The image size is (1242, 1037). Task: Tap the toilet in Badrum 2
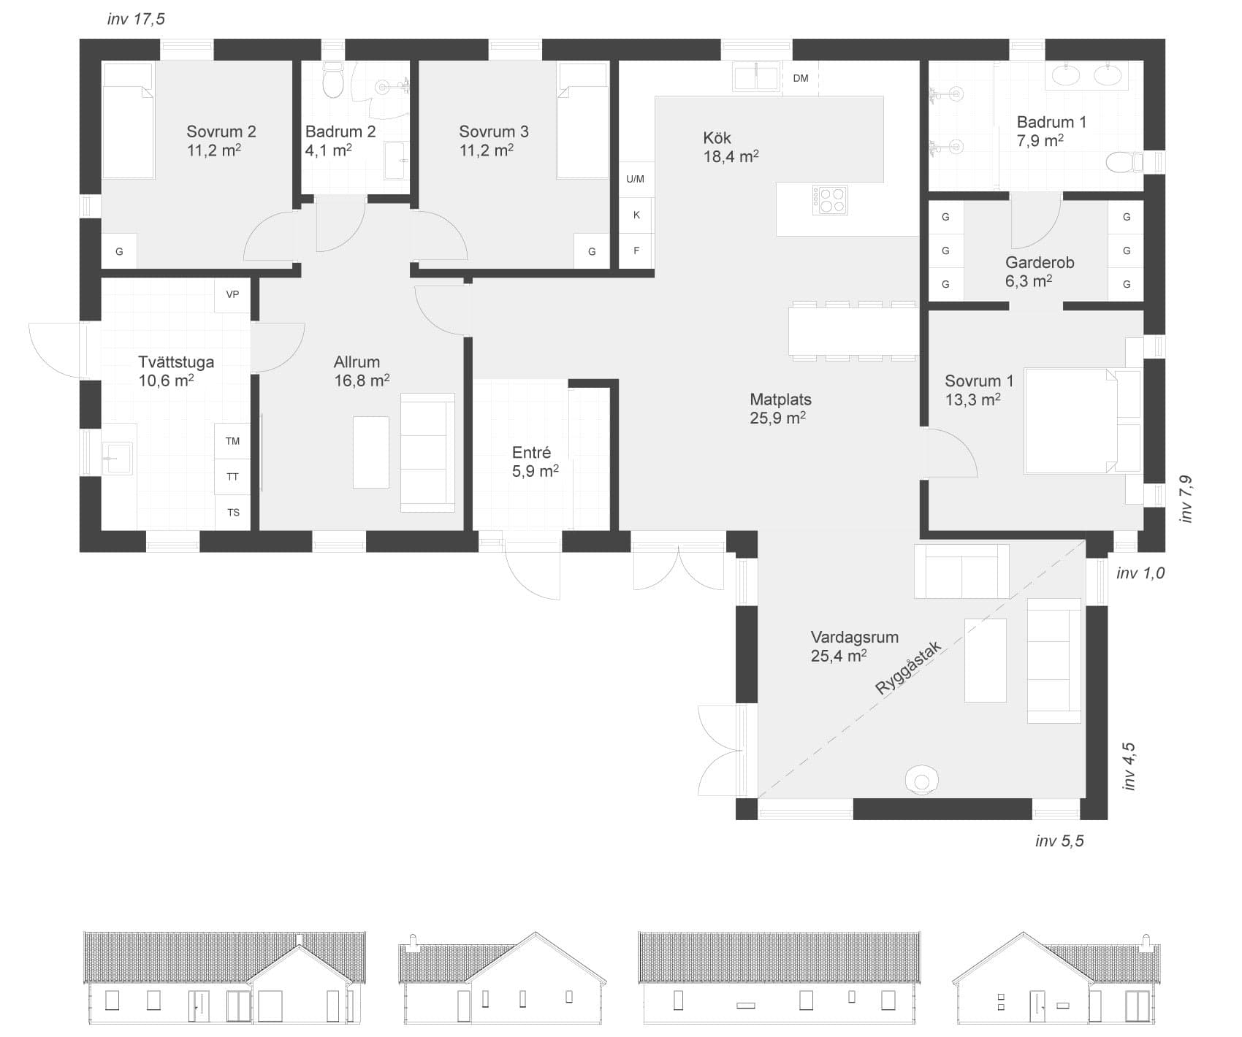tap(332, 81)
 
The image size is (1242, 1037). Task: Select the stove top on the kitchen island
tap(831, 200)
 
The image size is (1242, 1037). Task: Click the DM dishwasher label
tap(801, 78)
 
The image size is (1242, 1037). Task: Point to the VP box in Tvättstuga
tap(232, 295)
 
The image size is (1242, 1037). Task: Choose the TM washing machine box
tap(232, 441)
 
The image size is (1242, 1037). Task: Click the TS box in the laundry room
tap(233, 513)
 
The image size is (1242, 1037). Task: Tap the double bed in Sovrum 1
tap(1081, 421)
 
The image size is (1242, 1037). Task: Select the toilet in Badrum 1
tap(1122, 162)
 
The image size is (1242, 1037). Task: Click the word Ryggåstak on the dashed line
tap(909, 667)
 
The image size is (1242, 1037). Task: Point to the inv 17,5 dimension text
tap(136, 19)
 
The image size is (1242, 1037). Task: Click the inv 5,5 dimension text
tap(1059, 841)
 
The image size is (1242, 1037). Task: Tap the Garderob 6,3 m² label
tap(1039, 272)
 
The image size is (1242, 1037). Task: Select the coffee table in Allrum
tap(370, 451)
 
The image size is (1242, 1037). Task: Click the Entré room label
tap(532, 453)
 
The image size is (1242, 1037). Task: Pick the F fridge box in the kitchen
tap(636, 251)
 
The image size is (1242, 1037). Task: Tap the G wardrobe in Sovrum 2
tap(119, 252)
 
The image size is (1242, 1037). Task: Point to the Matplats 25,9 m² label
tap(780, 408)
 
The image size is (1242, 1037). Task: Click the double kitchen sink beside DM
tap(755, 77)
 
